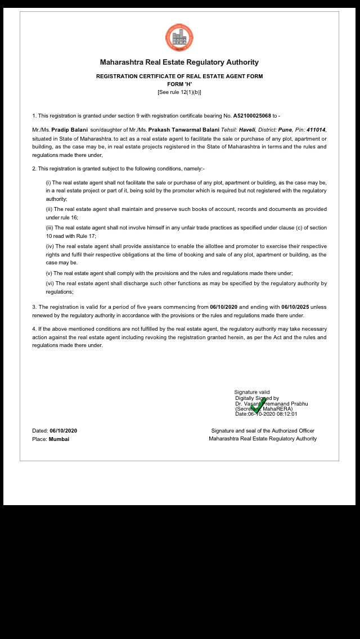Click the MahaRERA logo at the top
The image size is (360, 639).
click(x=179, y=38)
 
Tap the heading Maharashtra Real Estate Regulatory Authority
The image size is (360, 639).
click(x=179, y=62)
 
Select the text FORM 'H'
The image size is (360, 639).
click(x=179, y=84)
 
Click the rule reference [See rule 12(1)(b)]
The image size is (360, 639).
click(x=179, y=92)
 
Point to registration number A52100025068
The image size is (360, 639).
click(x=252, y=116)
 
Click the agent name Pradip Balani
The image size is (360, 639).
click(x=70, y=130)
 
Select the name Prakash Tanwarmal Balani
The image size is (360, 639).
click(x=184, y=130)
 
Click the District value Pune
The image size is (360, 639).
click(x=285, y=130)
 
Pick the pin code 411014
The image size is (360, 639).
click(x=316, y=130)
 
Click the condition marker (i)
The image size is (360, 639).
click(x=48, y=183)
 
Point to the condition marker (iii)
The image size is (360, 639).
click(x=49, y=228)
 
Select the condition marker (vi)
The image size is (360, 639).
click(x=49, y=283)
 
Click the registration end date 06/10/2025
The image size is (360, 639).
click(x=295, y=307)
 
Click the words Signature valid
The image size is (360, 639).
click(x=252, y=392)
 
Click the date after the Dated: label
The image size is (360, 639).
click(x=63, y=431)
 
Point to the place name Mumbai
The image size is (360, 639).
click(x=59, y=439)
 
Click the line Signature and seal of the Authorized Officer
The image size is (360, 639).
click(x=263, y=431)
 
